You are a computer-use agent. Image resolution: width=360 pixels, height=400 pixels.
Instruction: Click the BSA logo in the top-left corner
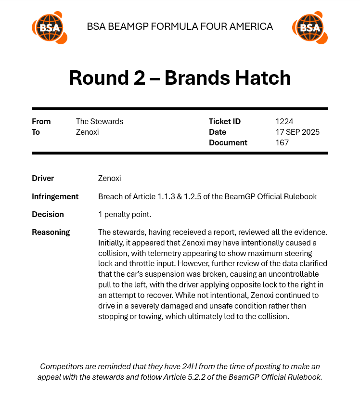point(49,27)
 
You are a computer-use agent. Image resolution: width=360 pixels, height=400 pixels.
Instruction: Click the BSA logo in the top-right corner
point(309,27)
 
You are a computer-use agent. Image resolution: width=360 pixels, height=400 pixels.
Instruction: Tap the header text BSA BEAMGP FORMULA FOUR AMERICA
point(180,26)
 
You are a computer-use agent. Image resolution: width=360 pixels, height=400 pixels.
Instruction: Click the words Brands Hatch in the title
point(228,78)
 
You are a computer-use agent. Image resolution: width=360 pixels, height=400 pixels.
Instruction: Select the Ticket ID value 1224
point(284,121)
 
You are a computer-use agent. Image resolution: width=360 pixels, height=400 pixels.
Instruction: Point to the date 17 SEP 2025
point(297,132)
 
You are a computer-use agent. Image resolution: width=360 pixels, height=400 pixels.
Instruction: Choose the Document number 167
point(282,142)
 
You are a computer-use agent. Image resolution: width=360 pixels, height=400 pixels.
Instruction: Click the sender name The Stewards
point(99,121)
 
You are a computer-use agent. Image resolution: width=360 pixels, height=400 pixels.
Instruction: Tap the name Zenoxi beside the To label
point(87,132)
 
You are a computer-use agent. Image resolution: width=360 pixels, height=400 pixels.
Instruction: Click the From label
point(41,121)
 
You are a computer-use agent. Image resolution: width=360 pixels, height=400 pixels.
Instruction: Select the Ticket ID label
point(224,121)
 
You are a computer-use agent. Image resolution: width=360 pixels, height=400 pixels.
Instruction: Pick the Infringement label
point(55,196)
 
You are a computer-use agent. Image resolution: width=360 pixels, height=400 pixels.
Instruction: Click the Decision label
point(48,214)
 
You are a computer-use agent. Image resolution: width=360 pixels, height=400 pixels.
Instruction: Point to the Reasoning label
point(51,232)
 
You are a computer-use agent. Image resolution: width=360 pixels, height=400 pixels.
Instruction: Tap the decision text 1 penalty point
point(124,214)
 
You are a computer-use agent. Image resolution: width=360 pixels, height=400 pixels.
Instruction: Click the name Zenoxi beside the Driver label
point(109,178)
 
